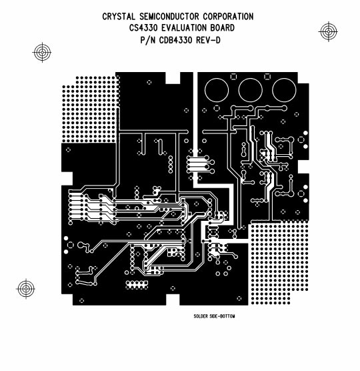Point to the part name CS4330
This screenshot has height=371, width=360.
tap(145, 28)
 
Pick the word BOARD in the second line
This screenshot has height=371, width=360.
tap(227, 28)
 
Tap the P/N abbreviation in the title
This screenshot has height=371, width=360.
tap(147, 40)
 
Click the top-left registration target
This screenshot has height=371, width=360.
tap(41, 51)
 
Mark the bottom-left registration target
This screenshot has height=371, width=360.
tap(25, 289)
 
